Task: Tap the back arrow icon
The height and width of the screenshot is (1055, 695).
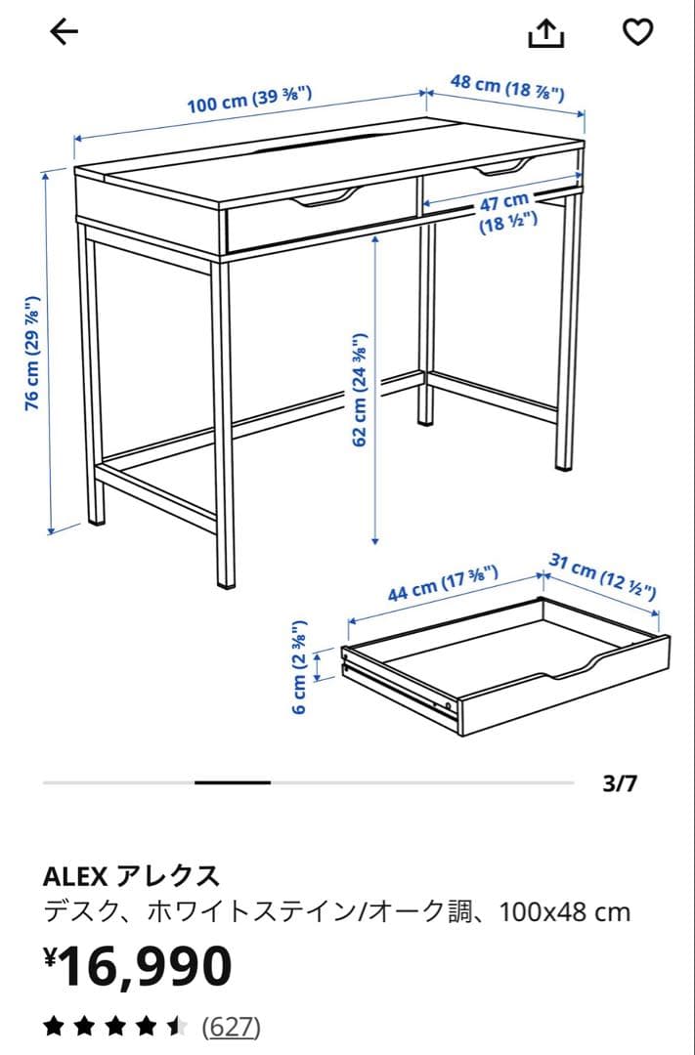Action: point(64,32)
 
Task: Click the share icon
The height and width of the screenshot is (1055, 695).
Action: point(546,33)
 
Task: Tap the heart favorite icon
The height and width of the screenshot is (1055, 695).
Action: point(637,32)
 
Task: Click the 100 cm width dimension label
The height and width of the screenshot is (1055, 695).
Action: point(249,100)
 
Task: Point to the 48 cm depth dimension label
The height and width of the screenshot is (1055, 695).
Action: point(506,87)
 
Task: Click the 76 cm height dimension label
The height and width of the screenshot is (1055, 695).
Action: point(34,353)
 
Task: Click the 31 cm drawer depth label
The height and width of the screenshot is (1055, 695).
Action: point(602,576)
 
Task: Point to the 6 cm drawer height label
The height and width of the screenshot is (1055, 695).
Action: point(301,666)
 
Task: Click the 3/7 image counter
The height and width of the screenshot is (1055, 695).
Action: point(620,783)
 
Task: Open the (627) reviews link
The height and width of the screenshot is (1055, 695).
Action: point(232,1027)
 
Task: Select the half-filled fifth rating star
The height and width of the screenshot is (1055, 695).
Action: point(177,1027)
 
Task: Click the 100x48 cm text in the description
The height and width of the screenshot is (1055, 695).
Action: point(564,912)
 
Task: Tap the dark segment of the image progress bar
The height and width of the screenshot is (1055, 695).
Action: point(233,782)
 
